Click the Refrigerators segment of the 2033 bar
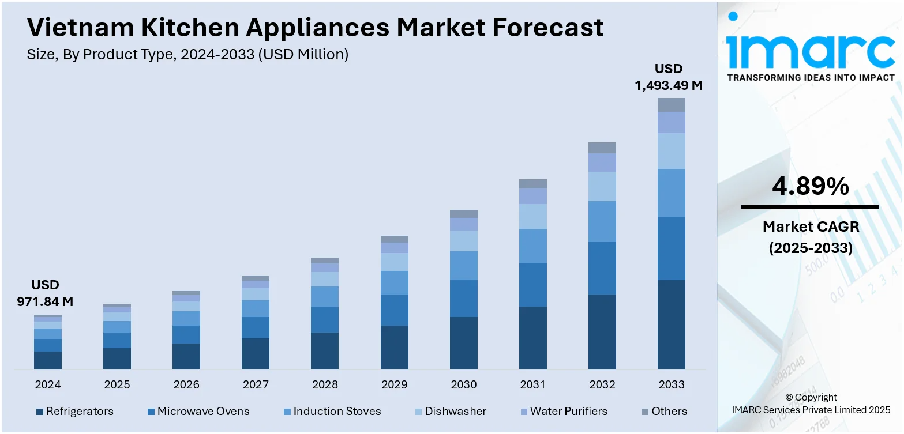click(x=671, y=324)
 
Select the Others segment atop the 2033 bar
click(x=671, y=105)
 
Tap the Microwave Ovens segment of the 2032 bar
click(x=602, y=268)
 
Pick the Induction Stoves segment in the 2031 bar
click(x=532, y=246)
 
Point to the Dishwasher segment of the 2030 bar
click(x=463, y=241)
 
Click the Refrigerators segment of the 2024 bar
click(x=48, y=360)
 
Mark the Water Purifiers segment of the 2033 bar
click(x=671, y=123)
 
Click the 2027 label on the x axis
click(x=256, y=384)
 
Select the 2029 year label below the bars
click(x=394, y=384)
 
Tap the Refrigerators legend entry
click(x=75, y=412)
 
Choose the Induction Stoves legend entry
click(x=332, y=412)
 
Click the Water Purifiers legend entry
click(x=564, y=412)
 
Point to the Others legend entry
click(x=665, y=412)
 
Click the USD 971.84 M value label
click(x=45, y=293)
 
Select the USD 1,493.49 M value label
click(x=668, y=77)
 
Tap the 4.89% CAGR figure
click(x=811, y=186)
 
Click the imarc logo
click(x=811, y=46)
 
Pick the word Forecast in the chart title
click(x=547, y=28)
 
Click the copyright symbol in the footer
click(x=789, y=398)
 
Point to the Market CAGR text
click(x=811, y=227)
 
